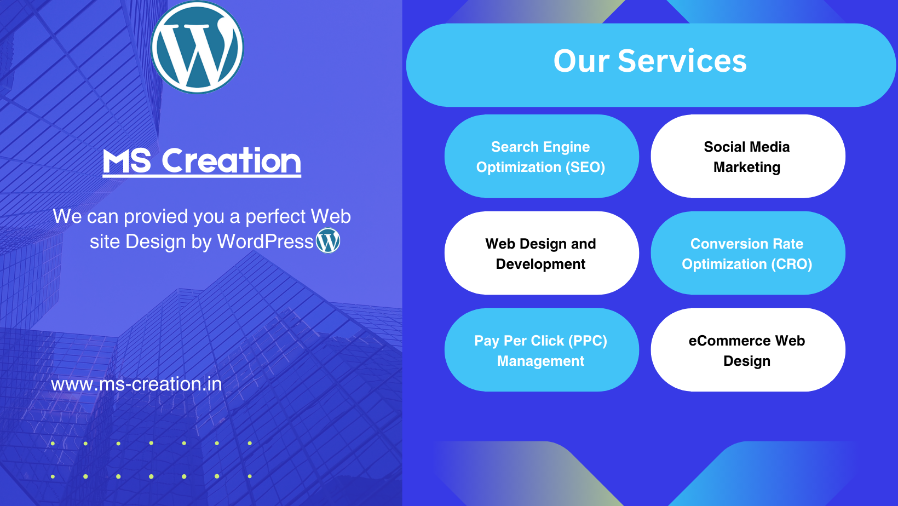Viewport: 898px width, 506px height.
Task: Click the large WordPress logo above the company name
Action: pos(197,47)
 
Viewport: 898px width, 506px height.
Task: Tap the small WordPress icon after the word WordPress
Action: pos(328,240)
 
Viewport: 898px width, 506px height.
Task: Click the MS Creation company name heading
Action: pos(202,161)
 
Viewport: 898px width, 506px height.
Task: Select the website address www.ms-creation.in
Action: pos(136,384)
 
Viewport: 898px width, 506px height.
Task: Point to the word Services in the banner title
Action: pos(682,61)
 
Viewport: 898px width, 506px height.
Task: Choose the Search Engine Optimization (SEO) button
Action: pos(542,157)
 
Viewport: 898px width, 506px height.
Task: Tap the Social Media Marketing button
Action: pos(748,157)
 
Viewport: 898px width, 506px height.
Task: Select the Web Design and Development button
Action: pos(542,253)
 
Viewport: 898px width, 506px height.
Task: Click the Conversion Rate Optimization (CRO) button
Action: pos(748,253)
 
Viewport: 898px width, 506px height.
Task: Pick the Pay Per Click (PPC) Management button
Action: pos(542,349)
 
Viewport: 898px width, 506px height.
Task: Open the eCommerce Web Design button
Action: pos(748,349)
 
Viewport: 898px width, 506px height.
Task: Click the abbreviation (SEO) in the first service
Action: pos(585,167)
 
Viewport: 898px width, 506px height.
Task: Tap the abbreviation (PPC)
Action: pos(587,341)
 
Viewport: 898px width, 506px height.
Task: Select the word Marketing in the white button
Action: pos(747,167)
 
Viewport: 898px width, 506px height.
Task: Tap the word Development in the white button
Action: pos(540,264)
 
